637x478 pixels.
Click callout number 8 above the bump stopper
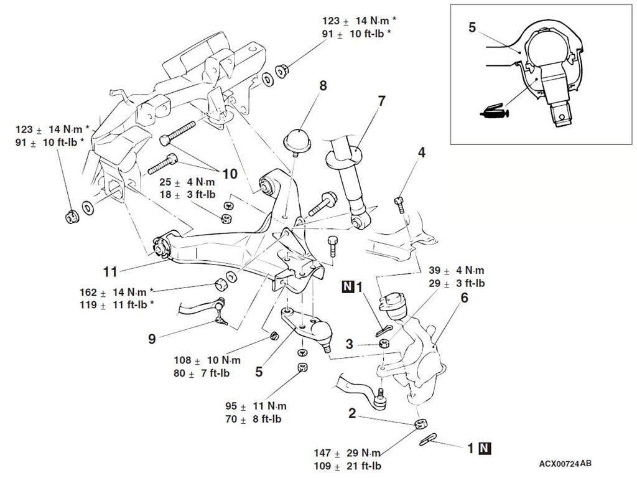coord(323,85)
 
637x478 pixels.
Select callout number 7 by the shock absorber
coord(381,101)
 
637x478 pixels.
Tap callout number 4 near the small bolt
coord(422,152)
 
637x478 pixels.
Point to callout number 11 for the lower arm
coord(110,271)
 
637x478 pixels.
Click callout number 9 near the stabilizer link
coord(152,339)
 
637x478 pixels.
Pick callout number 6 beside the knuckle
coord(464,298)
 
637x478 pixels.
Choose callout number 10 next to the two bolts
coord(230,174)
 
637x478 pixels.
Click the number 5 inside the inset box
coord(472,27)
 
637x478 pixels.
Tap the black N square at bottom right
coord(485,448)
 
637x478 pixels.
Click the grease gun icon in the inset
coord(493,111)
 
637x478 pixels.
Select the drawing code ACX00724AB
coord(565,464)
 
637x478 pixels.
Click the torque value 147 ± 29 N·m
coord(347,453)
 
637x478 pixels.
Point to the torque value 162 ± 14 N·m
coord(113,293)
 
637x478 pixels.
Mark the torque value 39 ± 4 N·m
coord(457,270)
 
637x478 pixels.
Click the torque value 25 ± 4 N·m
coord(187,182)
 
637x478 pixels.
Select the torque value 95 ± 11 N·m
coord(256,406)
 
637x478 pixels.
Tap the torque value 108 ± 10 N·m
coord(207,360)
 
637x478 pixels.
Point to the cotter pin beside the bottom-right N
coord(428,439)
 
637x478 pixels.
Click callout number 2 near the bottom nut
coord(352,413)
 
